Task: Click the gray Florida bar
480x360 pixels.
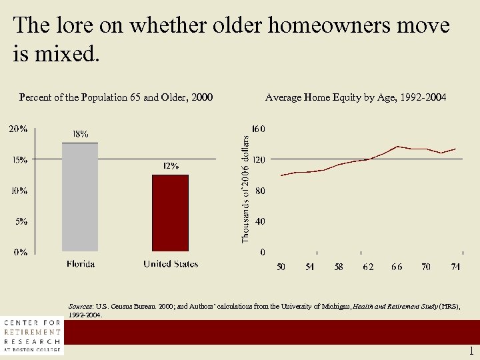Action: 80,197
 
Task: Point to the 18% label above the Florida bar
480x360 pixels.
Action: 80,134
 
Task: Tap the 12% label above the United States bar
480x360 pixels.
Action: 171,166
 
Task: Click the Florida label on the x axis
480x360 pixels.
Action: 80,264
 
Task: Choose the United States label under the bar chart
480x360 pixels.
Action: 171,264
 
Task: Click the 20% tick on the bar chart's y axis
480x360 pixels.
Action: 17,129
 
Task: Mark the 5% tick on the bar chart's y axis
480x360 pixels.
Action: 20,221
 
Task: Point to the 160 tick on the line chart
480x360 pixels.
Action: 258,128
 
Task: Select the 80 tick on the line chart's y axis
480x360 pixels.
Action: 260,191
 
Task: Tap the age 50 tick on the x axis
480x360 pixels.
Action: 281,267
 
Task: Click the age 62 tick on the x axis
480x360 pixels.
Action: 368,267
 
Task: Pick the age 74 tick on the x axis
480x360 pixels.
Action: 455,267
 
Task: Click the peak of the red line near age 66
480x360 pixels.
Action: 397,146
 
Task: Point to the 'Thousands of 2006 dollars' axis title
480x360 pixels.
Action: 245,189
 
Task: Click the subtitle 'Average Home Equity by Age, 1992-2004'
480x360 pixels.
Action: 356,98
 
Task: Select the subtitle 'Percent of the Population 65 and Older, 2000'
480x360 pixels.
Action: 116,98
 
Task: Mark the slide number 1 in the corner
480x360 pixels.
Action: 471,351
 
